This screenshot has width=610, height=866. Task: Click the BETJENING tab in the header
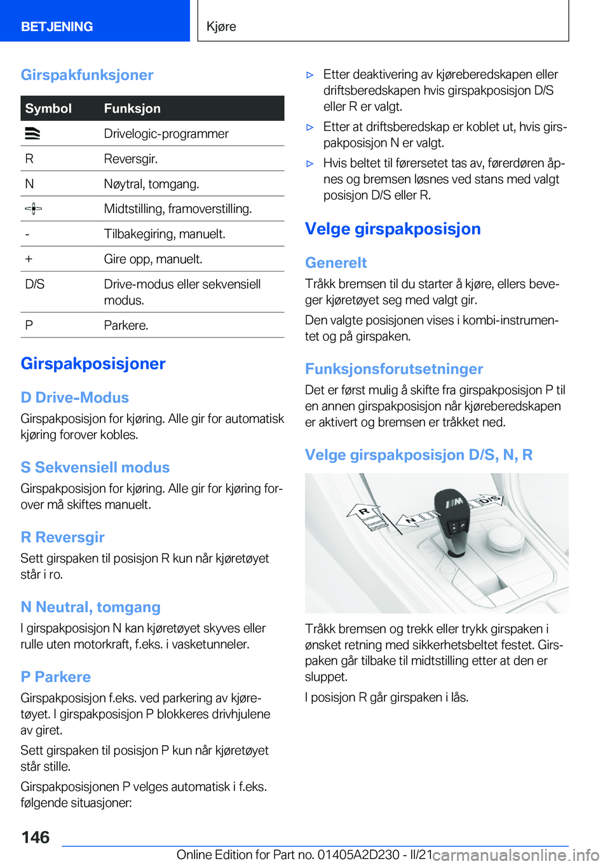pos(57,27)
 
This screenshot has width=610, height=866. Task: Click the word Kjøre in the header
pos(221,27)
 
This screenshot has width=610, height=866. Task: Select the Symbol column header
pos(48,109)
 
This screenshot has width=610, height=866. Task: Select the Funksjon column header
pos(132,109)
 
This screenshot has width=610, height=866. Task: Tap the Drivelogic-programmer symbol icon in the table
pos(32,134)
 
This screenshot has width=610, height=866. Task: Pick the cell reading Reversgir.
pos(131,158)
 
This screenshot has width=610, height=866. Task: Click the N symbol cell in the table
pos(29,184)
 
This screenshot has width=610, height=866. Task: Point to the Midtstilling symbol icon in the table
pos(33,209)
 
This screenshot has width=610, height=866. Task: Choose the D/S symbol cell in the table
pos(35,284)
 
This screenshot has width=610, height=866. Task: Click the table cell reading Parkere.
pos(126,326)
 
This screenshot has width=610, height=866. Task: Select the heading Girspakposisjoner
pos(93,364)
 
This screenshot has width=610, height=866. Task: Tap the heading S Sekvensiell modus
pos(95,467)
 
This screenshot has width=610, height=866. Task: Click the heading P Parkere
pos(55,677)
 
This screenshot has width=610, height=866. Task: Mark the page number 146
pos(36,837)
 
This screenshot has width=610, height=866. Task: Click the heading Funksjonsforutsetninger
pos(394,369)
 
